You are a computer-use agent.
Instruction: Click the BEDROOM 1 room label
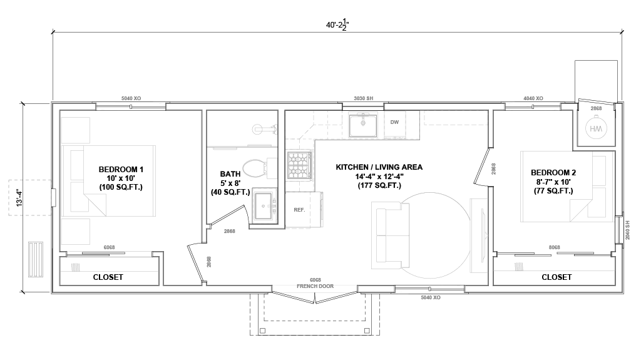tap(121, 170)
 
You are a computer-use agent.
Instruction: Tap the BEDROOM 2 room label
tap(553, 173)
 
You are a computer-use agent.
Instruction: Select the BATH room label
tap(230, 174)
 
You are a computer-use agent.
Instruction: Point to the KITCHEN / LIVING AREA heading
tap(379, 167)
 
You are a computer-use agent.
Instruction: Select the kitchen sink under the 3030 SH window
tap(362, 125)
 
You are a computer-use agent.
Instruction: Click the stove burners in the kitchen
tap(300, 166)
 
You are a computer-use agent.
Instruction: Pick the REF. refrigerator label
tap(299, 210)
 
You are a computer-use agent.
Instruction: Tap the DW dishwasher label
tap(394, 122)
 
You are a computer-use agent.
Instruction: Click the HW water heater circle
tap(596, 128)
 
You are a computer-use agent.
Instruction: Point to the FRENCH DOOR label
tap(315, 286)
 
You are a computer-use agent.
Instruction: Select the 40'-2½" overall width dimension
tap(337, 24)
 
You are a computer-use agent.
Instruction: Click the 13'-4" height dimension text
tap(19, 197)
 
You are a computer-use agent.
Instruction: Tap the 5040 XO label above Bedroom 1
tap(131, 98)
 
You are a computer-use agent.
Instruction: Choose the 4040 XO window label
tap(533, 98)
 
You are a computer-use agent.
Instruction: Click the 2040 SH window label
tap(628, 230)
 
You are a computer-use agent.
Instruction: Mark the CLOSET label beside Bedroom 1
tap(108, 277)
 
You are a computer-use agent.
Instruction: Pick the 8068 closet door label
tap(555, 247)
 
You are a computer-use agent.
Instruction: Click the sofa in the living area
tap(391, 235)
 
